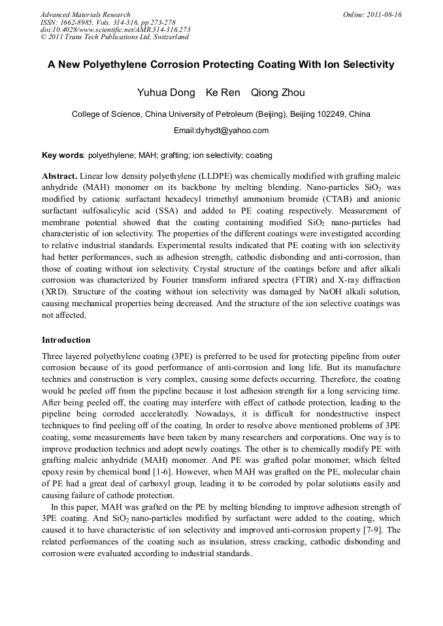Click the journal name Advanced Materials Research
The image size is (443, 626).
(86, 14)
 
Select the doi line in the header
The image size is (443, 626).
(116, 29)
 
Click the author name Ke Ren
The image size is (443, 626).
(223, 93)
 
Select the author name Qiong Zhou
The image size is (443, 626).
(278, 93)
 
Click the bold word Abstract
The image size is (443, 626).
(60, 176)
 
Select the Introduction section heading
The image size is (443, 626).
(66, 340)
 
